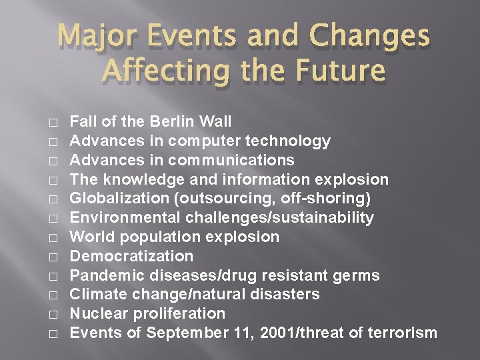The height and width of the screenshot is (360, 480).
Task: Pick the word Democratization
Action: point(132,256)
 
